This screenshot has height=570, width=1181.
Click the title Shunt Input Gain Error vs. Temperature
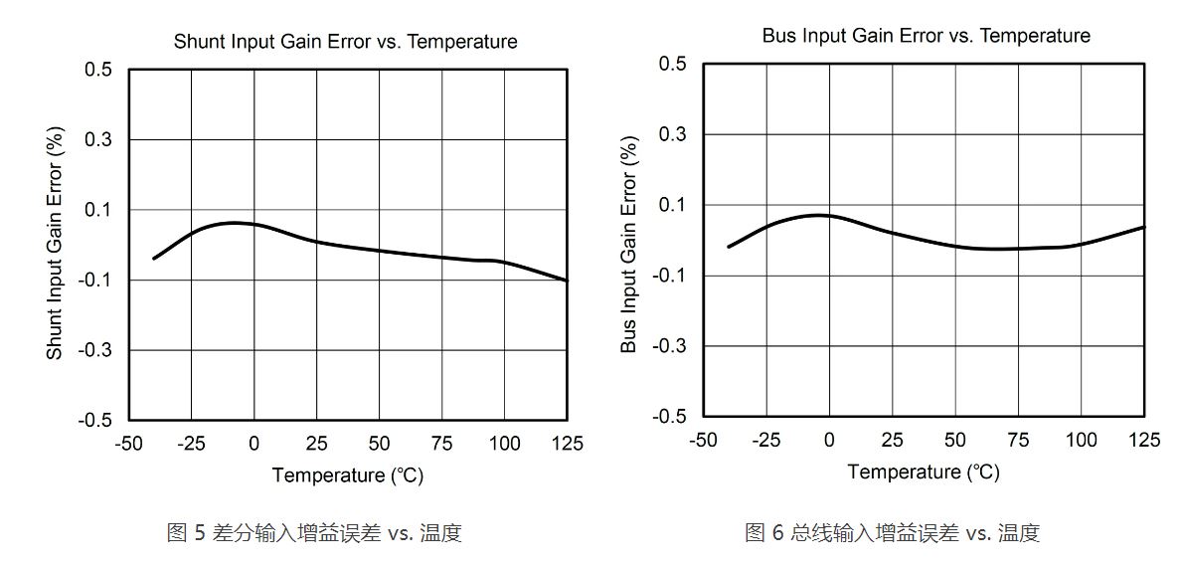click(345, 42)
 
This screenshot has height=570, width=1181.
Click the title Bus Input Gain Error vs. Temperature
click(926, 36)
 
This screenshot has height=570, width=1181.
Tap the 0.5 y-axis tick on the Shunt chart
click(99, 70)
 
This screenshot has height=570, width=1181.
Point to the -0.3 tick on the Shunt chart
click(95, 350)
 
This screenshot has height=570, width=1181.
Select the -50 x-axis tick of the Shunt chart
click(129, 444)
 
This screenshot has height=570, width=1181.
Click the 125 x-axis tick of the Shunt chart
click(568, 444)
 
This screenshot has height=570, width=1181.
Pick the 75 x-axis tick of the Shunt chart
click(442, 444)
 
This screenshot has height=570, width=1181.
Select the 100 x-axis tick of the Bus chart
click(1081, 440)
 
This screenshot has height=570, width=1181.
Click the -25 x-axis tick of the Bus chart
click(765, 440)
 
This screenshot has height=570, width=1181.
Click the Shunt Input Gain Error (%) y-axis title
click(56, 245)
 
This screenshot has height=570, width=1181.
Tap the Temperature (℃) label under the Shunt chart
click(348, 475)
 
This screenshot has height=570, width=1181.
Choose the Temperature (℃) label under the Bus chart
click(924, 472)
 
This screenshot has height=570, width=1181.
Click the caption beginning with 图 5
click(314, 533)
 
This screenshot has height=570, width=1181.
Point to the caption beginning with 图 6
click(892, 533)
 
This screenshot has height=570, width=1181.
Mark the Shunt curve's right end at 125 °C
click(567, 281)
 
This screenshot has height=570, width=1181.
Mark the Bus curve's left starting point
click(729, 247)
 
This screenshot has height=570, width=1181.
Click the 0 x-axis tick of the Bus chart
click(829, 440)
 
